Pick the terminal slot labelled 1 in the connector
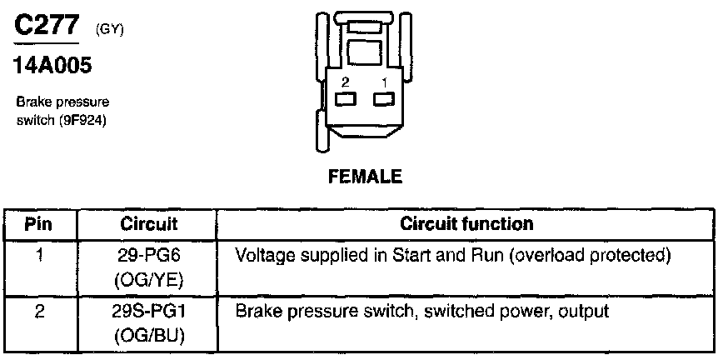(x=383, y=100)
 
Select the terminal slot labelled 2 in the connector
(x=345, y=100)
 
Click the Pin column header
(x=38, y=223)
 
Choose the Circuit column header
(x=149, y=223)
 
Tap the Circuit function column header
(x=466, y=223)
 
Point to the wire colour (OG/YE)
(x=149, y=277)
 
